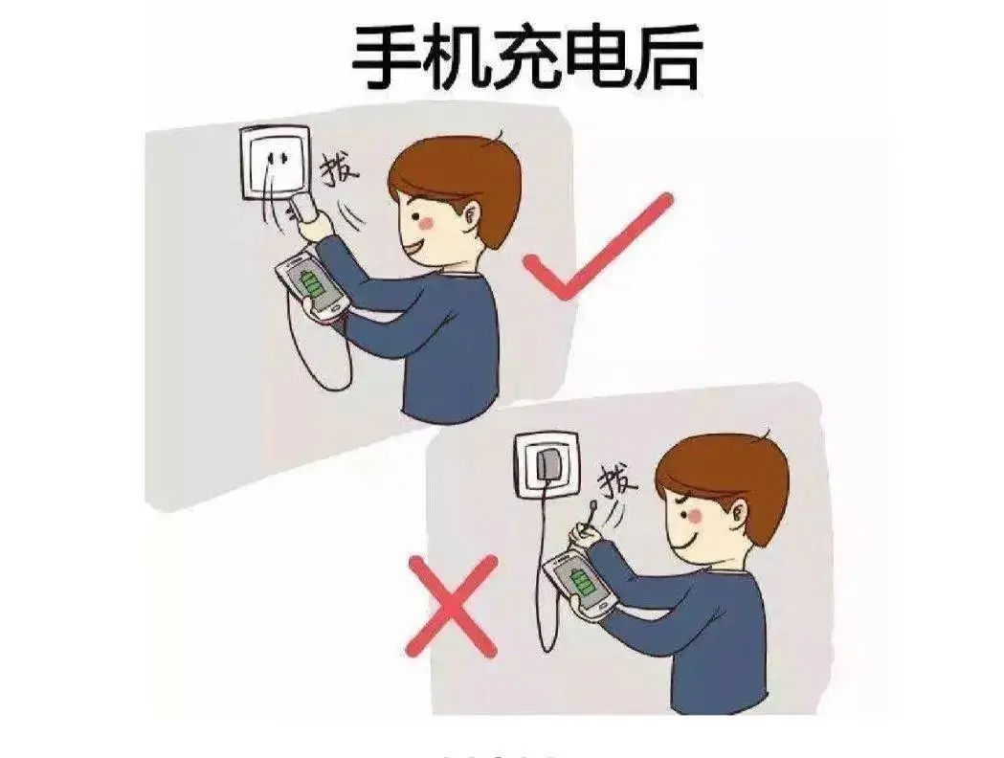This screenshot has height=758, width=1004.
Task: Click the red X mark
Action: (453, 606)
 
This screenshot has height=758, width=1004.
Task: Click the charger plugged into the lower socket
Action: (547, 466)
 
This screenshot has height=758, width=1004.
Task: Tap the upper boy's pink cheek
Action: (428, 221)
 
